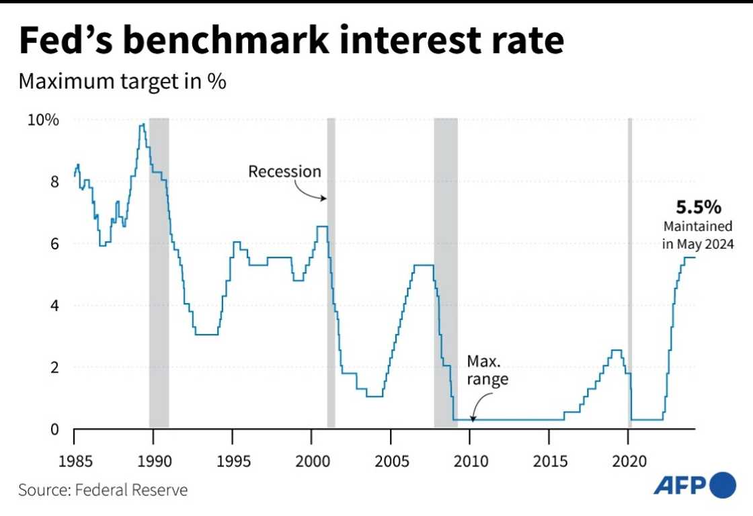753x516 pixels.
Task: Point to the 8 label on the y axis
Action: pyautogui.click(x=55, y=181)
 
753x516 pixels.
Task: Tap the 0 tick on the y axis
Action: pyautogui.click(x=55, y=429)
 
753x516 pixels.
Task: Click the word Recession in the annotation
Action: pyautogui.click(x=285, y=171)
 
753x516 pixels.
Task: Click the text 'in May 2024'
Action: pyautogui.click(x=697, y=245)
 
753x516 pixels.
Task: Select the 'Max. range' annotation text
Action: pyautogui.click(x=487, y=370)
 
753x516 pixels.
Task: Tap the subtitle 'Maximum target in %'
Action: pyautogui.click(x=122, y=82)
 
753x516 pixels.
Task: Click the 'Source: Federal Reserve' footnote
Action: pyautogui.click(x=103, y=490)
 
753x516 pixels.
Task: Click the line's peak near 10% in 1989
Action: pyautogui.click(x=142, y=125)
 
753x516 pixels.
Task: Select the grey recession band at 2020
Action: pyautogui.click(x=630, y=269)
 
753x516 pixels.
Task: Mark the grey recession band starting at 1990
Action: pyautogui.click(x=159, y=269)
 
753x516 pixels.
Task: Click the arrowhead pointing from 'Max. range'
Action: pyautogui.click(x=473, y=419)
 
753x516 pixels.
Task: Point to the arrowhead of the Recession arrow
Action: pyautogui.click(x=325, y=198)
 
